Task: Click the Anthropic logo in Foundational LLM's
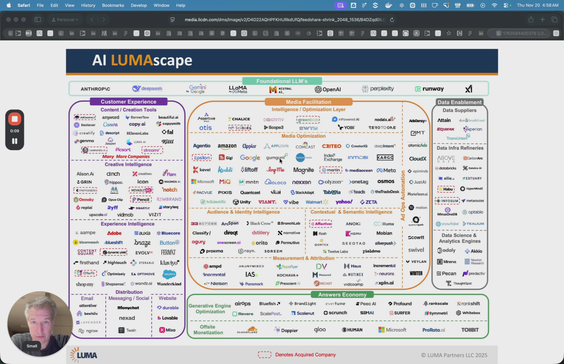[x=95, y=89]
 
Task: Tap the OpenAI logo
[x=328, y=89]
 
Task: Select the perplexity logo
[x=378, y=89]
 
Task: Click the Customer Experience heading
[x=129, y=102]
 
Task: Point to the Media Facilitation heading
[x=308, y=102]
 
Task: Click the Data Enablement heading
[x=459, y=102]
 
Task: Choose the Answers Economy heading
[x=342, y=295]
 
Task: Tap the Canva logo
[x=110, y=124]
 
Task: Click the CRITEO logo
[x=332, y=146]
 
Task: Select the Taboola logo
[x=332, y=192]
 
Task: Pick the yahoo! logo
[x=344, y=202]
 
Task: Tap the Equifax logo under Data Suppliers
[x=446, y=129]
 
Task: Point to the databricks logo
[x=446, y=168]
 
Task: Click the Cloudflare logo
[x=248, y=330]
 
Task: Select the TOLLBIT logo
[x=470, y=330]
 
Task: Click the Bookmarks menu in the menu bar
[x=113, y=5]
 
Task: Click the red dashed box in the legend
[x=264, y=355]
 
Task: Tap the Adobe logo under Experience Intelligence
[x=114, y=233]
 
